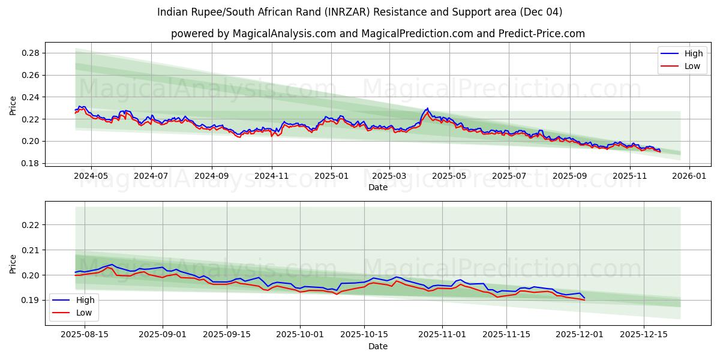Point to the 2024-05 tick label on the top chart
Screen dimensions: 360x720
point(91,176)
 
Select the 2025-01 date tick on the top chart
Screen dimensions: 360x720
point(331,176)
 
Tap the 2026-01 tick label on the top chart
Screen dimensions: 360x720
point(689,176)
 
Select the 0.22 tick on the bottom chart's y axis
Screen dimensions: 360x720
point(31,225)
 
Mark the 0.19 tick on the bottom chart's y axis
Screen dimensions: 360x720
point(31,300)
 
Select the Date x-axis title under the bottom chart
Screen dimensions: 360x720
point(378,346)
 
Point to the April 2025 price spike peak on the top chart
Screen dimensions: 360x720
point(427,109)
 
